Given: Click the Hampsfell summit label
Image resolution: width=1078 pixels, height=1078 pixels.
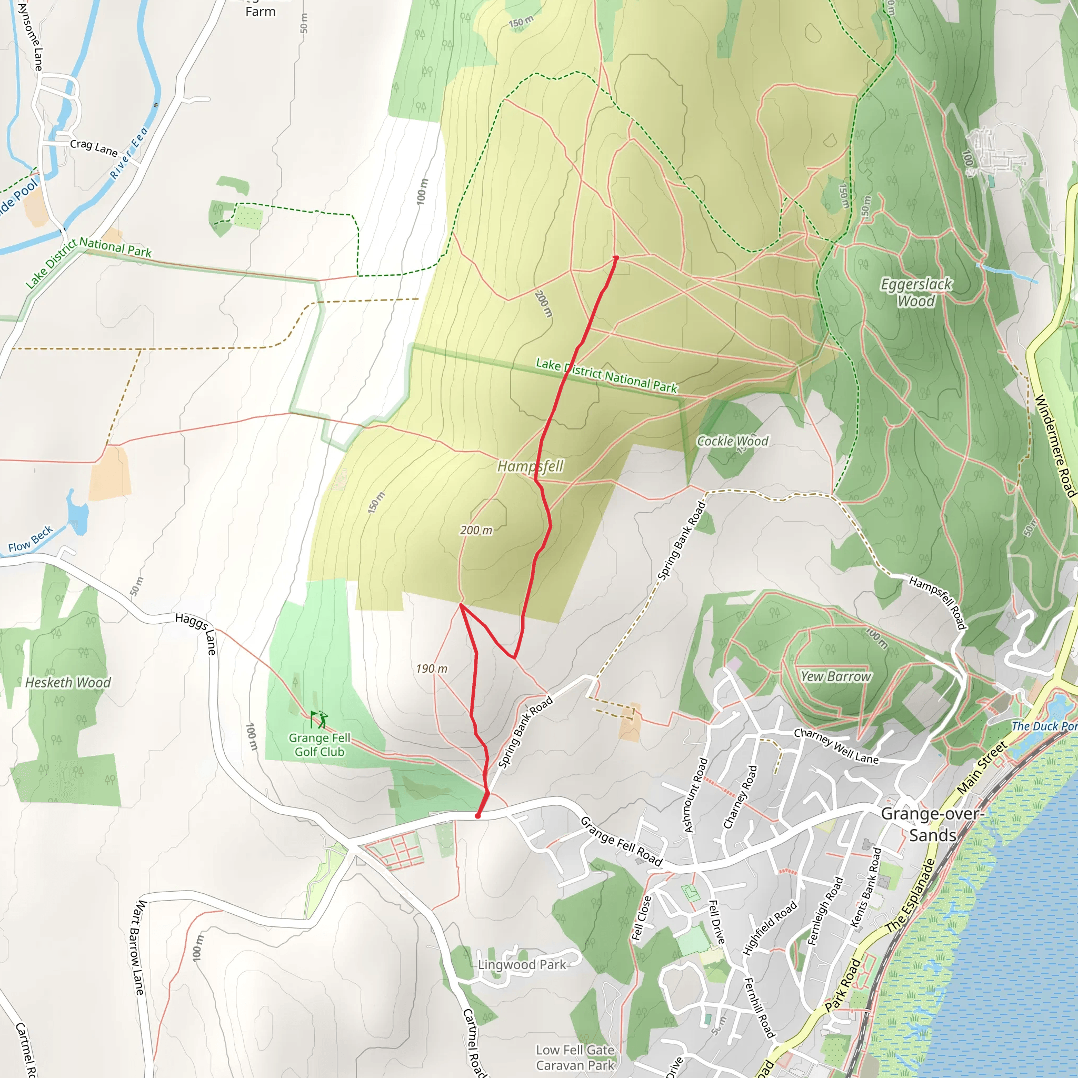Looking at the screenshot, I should (x=530, y=466).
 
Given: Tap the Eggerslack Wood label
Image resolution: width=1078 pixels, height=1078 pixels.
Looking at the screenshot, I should (x=916, y=292).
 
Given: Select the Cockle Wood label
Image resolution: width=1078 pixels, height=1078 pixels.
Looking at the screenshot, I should (x=732, y=441).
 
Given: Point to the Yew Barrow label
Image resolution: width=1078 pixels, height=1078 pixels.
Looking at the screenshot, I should (x=835, y=676).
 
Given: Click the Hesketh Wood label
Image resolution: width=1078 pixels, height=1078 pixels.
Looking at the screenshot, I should (x=68, y=682).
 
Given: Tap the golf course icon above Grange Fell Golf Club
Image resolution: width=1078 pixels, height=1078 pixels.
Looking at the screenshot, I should (x=319, y=719).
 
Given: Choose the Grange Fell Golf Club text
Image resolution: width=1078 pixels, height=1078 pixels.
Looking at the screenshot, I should (x=319, y=745).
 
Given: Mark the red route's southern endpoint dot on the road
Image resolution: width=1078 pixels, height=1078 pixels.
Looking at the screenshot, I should (x=477, y=816).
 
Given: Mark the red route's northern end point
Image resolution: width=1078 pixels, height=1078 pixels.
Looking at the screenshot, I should (x=615, y=258).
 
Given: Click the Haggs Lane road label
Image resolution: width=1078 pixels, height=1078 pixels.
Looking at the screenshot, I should (x=196, y=633).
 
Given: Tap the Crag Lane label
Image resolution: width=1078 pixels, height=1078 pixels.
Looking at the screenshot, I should (x=94, y=148).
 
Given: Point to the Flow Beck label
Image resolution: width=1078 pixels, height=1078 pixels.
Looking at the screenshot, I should (x=30, y=539).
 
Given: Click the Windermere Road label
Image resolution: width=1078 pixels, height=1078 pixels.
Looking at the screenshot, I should (x=1054, y=445).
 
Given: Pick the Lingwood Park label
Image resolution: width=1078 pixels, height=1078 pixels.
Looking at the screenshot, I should (x=521, y=965).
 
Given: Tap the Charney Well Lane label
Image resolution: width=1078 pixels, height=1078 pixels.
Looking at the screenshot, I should (x=836, y=746).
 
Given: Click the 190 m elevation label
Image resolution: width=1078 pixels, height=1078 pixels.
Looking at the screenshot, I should (x=431, y=668).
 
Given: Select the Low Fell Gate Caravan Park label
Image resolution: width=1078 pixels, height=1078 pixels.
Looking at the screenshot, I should (x=575, y=1057).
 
